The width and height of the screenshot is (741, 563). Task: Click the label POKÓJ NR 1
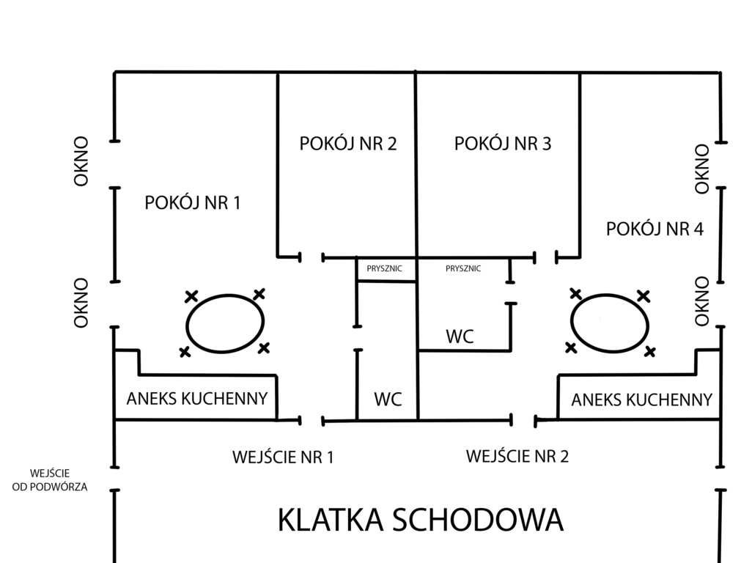192,203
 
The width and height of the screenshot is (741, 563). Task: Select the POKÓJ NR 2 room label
348,143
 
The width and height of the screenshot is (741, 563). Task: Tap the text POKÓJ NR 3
503,143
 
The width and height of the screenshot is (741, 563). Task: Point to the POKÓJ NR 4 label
655,229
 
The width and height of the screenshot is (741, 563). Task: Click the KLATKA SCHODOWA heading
420,520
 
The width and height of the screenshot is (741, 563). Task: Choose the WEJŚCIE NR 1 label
283,457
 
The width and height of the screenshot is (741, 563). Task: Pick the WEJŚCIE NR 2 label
517,456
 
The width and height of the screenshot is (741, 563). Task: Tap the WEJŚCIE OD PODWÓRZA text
50,480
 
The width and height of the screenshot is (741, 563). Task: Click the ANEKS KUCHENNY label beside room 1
197,399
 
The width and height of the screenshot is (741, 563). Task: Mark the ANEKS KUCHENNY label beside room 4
642,400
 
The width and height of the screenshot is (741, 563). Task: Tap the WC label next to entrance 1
388,400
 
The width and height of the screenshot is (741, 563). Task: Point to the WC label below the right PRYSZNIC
460,336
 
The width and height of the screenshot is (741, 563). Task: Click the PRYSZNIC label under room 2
384,268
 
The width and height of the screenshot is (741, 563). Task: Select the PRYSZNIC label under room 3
463,268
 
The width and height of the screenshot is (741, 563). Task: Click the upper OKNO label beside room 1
81,161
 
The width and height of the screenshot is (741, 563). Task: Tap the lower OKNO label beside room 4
701,301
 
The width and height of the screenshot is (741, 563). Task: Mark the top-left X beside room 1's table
191,297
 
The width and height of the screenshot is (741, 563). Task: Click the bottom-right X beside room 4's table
650,351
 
